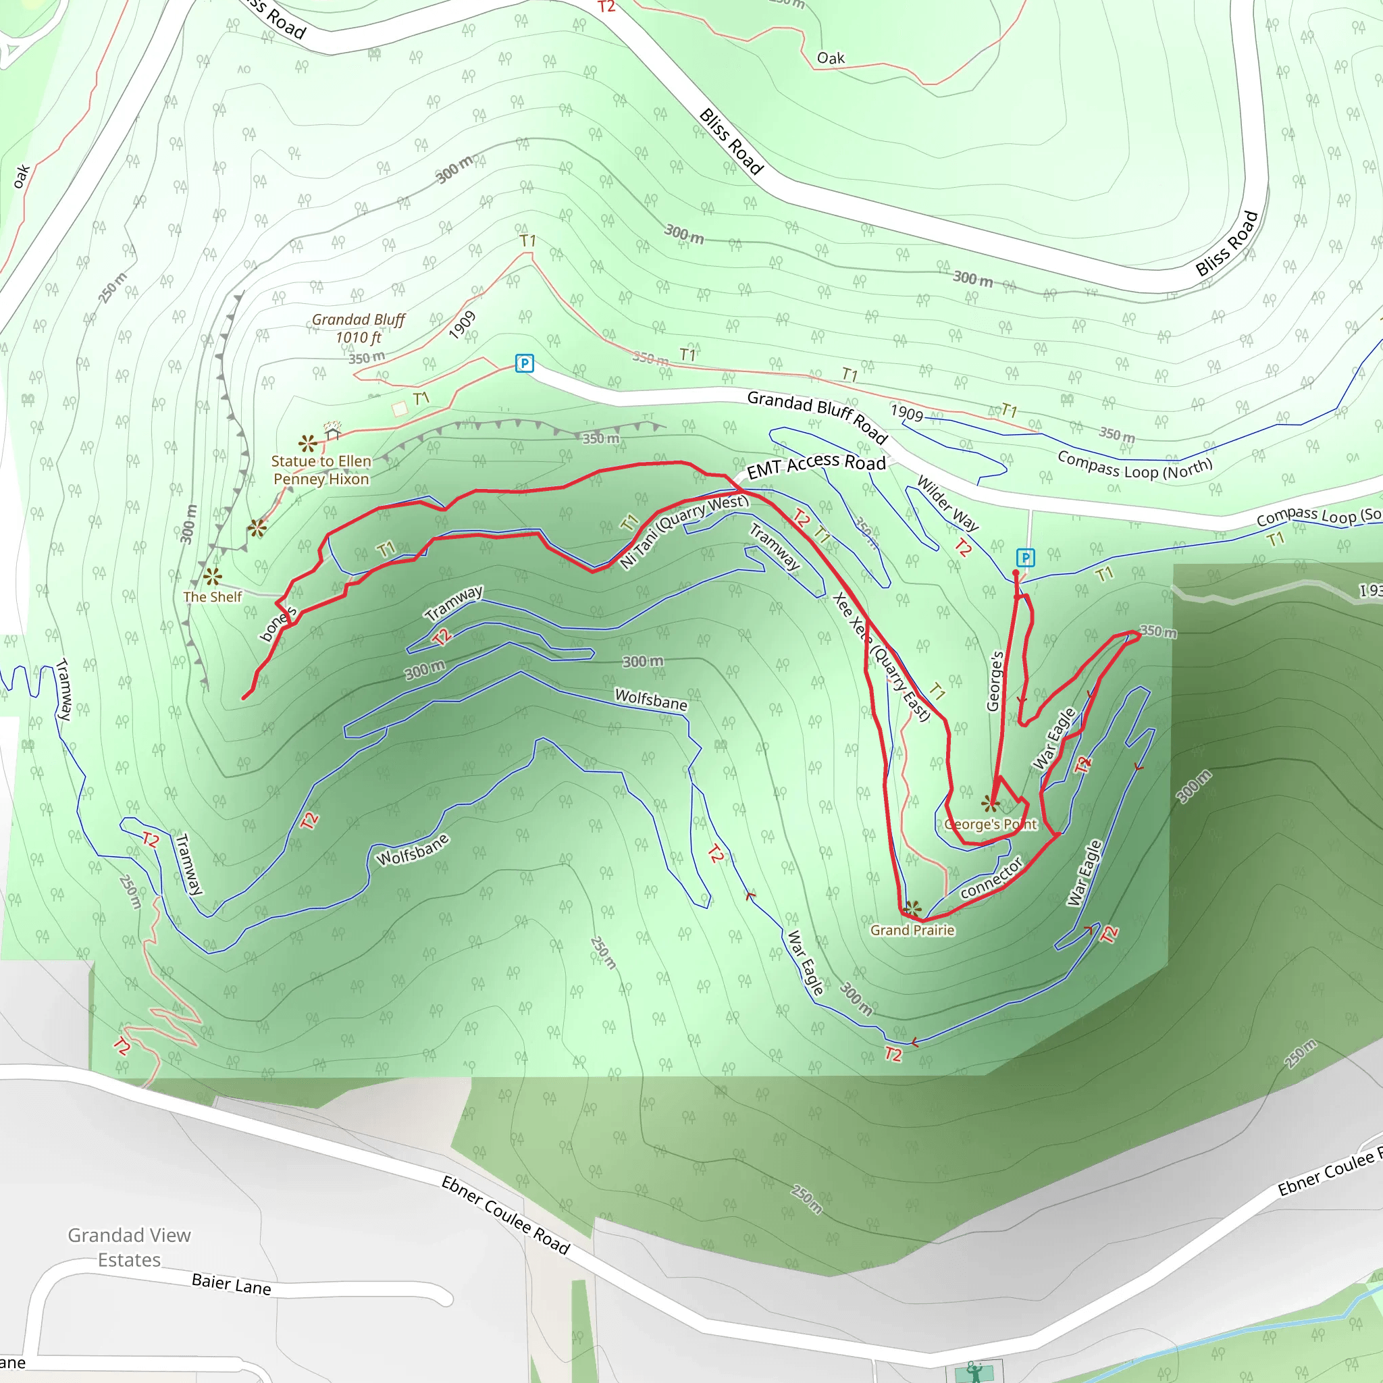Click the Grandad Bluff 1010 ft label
click(359, 329)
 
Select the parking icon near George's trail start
click(1025, 558)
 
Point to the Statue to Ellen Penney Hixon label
click(321, 470)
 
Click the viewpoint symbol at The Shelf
click(212, 576)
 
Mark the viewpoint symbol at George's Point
click(991, 803)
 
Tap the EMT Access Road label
click(816, 467)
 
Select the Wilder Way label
click(947, 503)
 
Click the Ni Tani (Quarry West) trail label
click(683, 530)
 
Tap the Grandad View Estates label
click(130, 1248)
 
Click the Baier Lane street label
click(231, 1284)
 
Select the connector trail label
click(991, 878)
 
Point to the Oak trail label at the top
click(831, 58)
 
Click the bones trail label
click(278, 624)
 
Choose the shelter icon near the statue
click(333, 432)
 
